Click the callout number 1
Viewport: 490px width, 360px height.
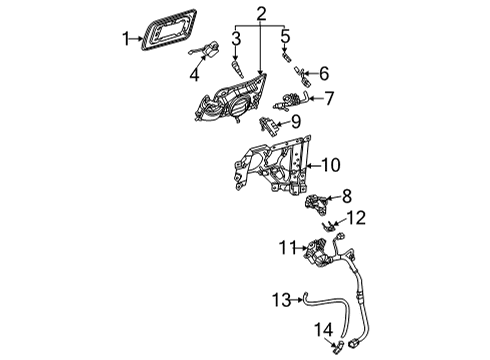(127, 39)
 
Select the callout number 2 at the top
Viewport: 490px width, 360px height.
(261, 14)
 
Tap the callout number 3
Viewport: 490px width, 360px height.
(236, 39)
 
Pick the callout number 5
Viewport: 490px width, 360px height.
(285, 39)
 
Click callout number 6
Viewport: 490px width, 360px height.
(324, 73)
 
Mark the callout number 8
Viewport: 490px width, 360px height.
(346, 195)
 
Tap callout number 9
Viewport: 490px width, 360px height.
(295, 122)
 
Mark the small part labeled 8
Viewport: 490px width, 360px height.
(317, 203)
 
